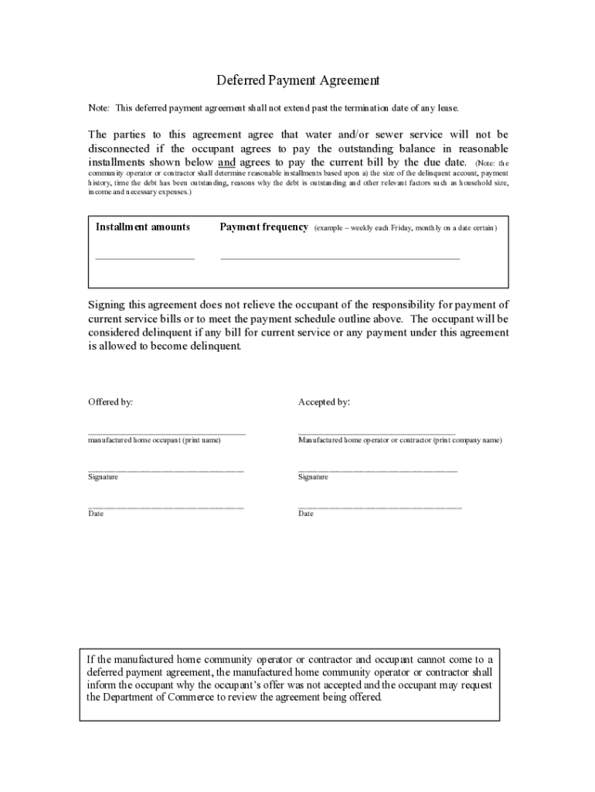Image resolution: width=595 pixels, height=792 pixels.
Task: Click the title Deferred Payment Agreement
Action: (297, 80)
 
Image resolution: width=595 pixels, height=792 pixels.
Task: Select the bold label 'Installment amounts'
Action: (143, 227)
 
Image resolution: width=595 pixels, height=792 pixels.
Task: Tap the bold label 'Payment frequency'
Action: (264, 227)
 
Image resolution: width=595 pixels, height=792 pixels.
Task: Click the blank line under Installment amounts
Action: (144, 258)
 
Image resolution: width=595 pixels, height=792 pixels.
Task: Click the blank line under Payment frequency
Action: (340, 258)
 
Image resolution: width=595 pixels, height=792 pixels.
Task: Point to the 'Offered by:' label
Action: (110, 402)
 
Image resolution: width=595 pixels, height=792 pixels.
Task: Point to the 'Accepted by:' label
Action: (324, 402)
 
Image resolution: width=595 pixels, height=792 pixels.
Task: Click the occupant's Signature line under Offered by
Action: (166, 469)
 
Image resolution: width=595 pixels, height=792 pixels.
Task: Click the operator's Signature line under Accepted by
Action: (377, 469)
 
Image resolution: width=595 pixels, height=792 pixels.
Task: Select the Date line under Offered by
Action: (166, 507)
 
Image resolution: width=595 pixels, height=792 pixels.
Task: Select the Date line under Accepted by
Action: (379, 507)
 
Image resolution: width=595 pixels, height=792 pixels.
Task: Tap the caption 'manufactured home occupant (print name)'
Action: (155, 440)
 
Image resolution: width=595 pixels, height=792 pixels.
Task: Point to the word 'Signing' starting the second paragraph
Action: (106, 305)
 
